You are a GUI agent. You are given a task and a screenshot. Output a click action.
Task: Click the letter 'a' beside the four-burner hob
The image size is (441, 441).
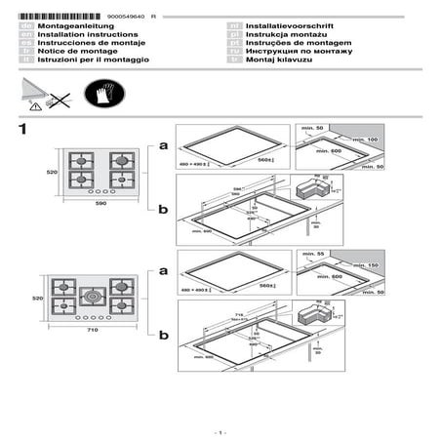[x=163, y=145]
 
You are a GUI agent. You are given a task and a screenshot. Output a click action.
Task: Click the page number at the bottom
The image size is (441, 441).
[x=220, y=430]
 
